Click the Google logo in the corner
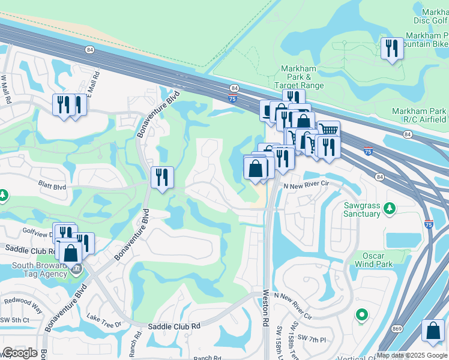[x=20, y=353]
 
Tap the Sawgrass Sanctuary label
[x=362, y=209]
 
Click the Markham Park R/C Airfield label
[x=418, y=115]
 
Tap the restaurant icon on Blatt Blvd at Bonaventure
[x=162, y=178]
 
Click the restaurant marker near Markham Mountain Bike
[x=391, y=49]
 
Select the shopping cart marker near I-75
[x=328, y=130]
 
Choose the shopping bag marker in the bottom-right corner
[x=433, y=331]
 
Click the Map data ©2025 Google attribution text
[x=412, y=355]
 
